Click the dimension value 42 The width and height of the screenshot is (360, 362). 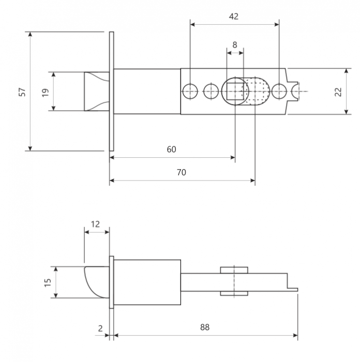click(x=233, y=17)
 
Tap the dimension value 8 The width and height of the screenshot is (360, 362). click(x=235, y=45)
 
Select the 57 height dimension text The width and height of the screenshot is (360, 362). click(x=22, y=92)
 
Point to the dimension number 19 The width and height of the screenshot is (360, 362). click(x=46, y=93)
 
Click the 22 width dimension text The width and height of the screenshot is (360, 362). click(x=338, y=92)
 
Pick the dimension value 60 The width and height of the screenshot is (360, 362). click(x=171, y=149)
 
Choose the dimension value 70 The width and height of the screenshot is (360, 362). click(x=181, y=172)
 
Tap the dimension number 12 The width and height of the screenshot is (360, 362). click(x=95, y=224)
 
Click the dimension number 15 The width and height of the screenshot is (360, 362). click(x=48, y=282)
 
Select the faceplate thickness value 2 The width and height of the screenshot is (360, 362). click(x=100, y=328)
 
